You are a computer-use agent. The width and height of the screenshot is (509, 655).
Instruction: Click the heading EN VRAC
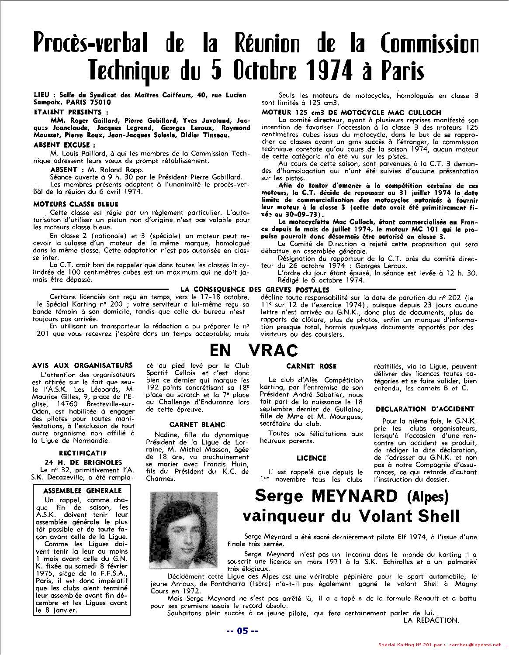pyautogui.click(x=254, y=350)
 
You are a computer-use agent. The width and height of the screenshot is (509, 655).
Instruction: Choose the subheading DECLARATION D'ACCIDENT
pyautogui.click(x=425, y=409)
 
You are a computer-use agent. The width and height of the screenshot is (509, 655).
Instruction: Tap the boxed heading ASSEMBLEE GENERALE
pyautogui.click(x=83, y=490)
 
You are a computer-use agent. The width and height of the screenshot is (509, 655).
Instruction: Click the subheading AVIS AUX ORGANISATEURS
pyautogui.click(x=82, y=365)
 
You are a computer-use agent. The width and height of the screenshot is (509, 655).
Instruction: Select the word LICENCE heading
pyautogui.click(x=311, y=458)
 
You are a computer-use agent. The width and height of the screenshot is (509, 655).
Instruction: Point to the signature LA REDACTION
pyautogui.click(x=431, y=620)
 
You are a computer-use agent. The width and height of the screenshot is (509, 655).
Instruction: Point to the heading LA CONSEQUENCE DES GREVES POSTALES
pyautogui.click(x=255, y=290)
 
